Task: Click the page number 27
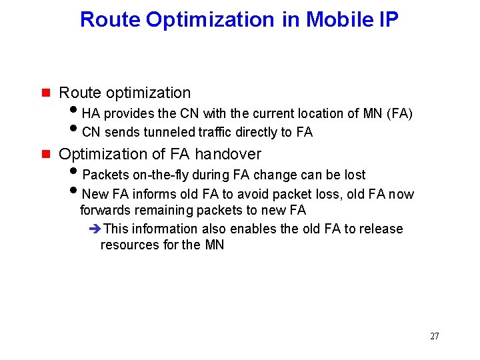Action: pyautogui.click(x=434, y=336)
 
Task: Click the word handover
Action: pyautogui.click(x=228, y=154)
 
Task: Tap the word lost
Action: pyautogui.click(x=353, y=175)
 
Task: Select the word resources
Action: pyautogui.click(x=129, y=245)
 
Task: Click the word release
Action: pyautogui.click(x=381, y=229)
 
